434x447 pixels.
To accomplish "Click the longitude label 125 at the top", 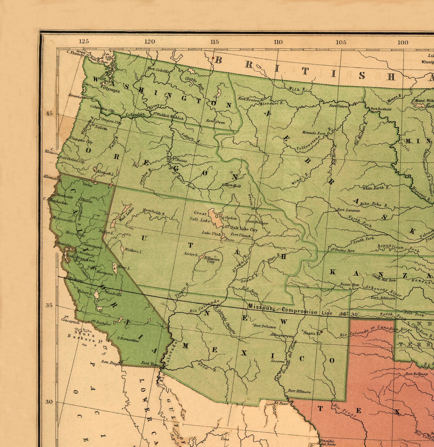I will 84,41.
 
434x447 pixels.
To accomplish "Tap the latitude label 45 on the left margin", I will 49,114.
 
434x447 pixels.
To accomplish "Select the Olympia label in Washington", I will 111,89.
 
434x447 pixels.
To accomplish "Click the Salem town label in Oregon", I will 101,128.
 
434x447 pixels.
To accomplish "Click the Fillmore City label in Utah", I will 212,260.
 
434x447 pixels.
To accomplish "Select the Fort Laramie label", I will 348,210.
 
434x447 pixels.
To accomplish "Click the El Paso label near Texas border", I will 281,403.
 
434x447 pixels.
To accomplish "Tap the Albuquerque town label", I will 281,335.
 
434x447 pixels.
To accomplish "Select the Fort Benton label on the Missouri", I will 248,99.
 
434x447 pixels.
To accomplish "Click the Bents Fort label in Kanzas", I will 350,285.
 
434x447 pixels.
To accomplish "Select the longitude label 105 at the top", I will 341,42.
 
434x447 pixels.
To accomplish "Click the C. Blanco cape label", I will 51,151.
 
